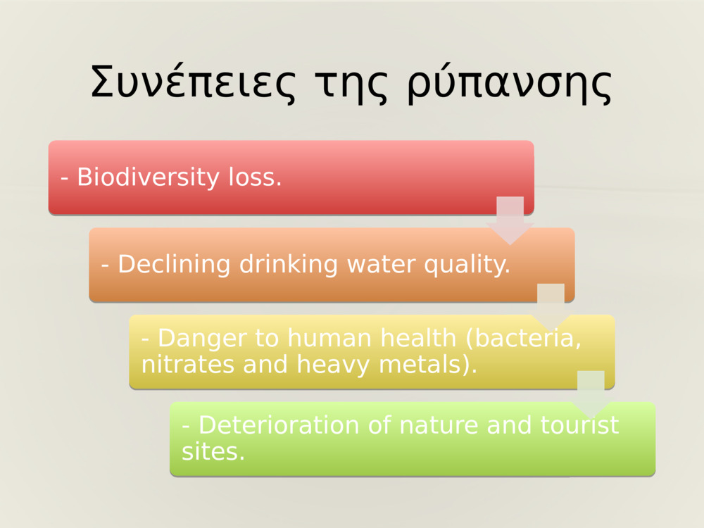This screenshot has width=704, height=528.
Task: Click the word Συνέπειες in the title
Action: point(193,82)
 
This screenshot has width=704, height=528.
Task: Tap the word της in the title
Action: point(350,85)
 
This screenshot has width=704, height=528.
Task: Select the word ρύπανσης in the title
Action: point(510,85)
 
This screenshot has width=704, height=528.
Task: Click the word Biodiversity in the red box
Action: point(148,177)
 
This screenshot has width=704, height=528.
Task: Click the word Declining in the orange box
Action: point(174,265)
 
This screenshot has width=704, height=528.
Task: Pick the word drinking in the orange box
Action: point(289,265)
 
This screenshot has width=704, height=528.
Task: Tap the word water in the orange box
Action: point(381,265)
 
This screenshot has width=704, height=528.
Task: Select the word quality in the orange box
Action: point(467,265)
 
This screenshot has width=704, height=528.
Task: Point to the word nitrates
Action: point(188,365)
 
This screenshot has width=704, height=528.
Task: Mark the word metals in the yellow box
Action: point(428,365)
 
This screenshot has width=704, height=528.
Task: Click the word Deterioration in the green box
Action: point(279,425)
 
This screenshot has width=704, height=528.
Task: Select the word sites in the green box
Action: point(213,452)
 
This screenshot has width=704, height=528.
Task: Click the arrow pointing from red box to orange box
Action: point(510,220)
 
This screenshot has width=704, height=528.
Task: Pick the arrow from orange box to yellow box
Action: point(551,308)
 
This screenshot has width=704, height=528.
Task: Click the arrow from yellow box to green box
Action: point(591,395)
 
